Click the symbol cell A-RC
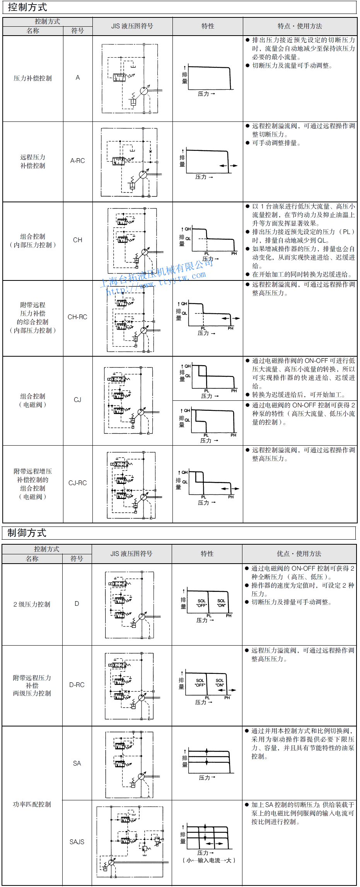click(77, 161)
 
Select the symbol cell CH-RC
click(77, 317)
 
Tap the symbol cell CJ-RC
click(77, 483)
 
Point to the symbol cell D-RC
click(77, 685)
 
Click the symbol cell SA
click(77, 763)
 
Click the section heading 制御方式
click(27, 533)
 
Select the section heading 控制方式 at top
click(27, 7)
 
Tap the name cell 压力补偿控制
click(32, 79)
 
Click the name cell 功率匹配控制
click(32, 804)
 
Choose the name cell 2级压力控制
click(32, 604)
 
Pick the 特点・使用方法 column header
click(300, 26)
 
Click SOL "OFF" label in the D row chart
click(201, 603)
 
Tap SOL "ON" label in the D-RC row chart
click(220, 683)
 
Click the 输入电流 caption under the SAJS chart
click(209, 860)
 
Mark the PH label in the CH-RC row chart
click(230, 328)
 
